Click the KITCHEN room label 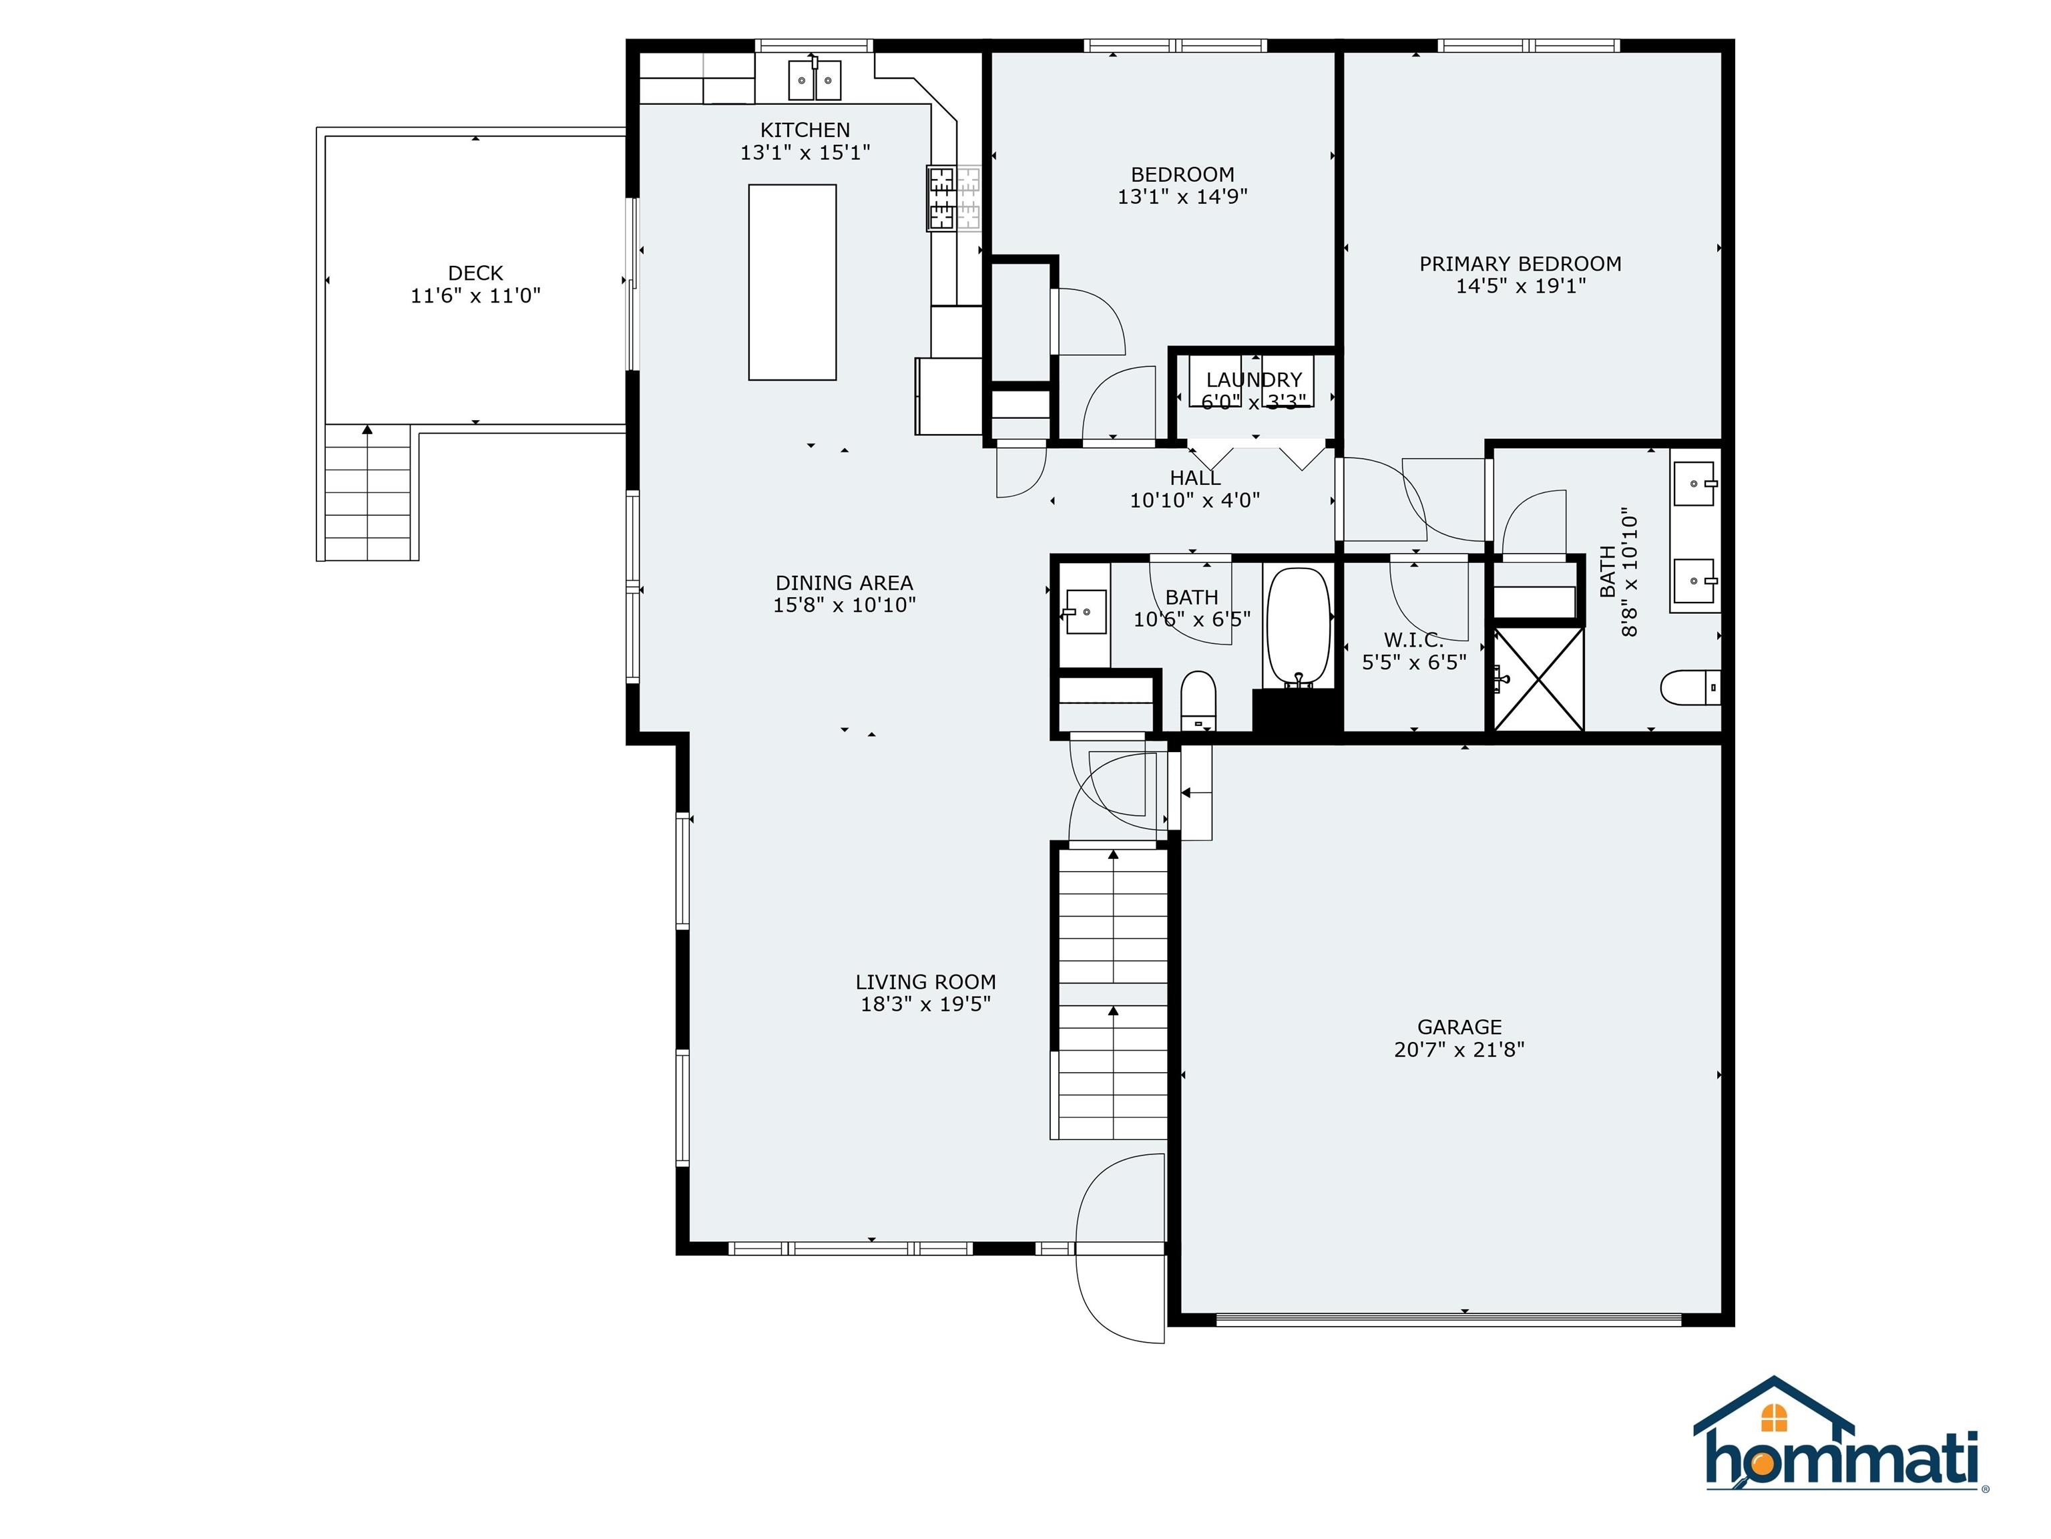pyautogui.click(x=805, y=130)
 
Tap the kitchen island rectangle pyautogui.click(x=792, y=282)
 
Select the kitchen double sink pyautogui.click(x=815, y=79)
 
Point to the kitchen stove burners pyautogui.click(x=954, y=198)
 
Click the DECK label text pyautogui.click(x=475, y=273)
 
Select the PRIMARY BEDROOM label pyautogui.click(x=1521, y=263)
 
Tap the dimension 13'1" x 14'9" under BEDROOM pyautogui.click(x=1182, y=196)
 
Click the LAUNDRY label pyautogui.click(x=1254, y=379)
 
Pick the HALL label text pyautogui.click(x=1195, y=478)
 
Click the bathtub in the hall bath pyautogui.click(x=1299, y=628)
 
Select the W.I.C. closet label pyautogui.click(x=1414, y=640)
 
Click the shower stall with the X pyautogui.click(x=1538, y=678)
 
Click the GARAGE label pyautogui.click(x=1459, y=1027)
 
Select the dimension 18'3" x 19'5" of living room pyautogui.click(x=926, y=1004)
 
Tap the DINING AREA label pyautogui.click(x=845, y=582)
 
